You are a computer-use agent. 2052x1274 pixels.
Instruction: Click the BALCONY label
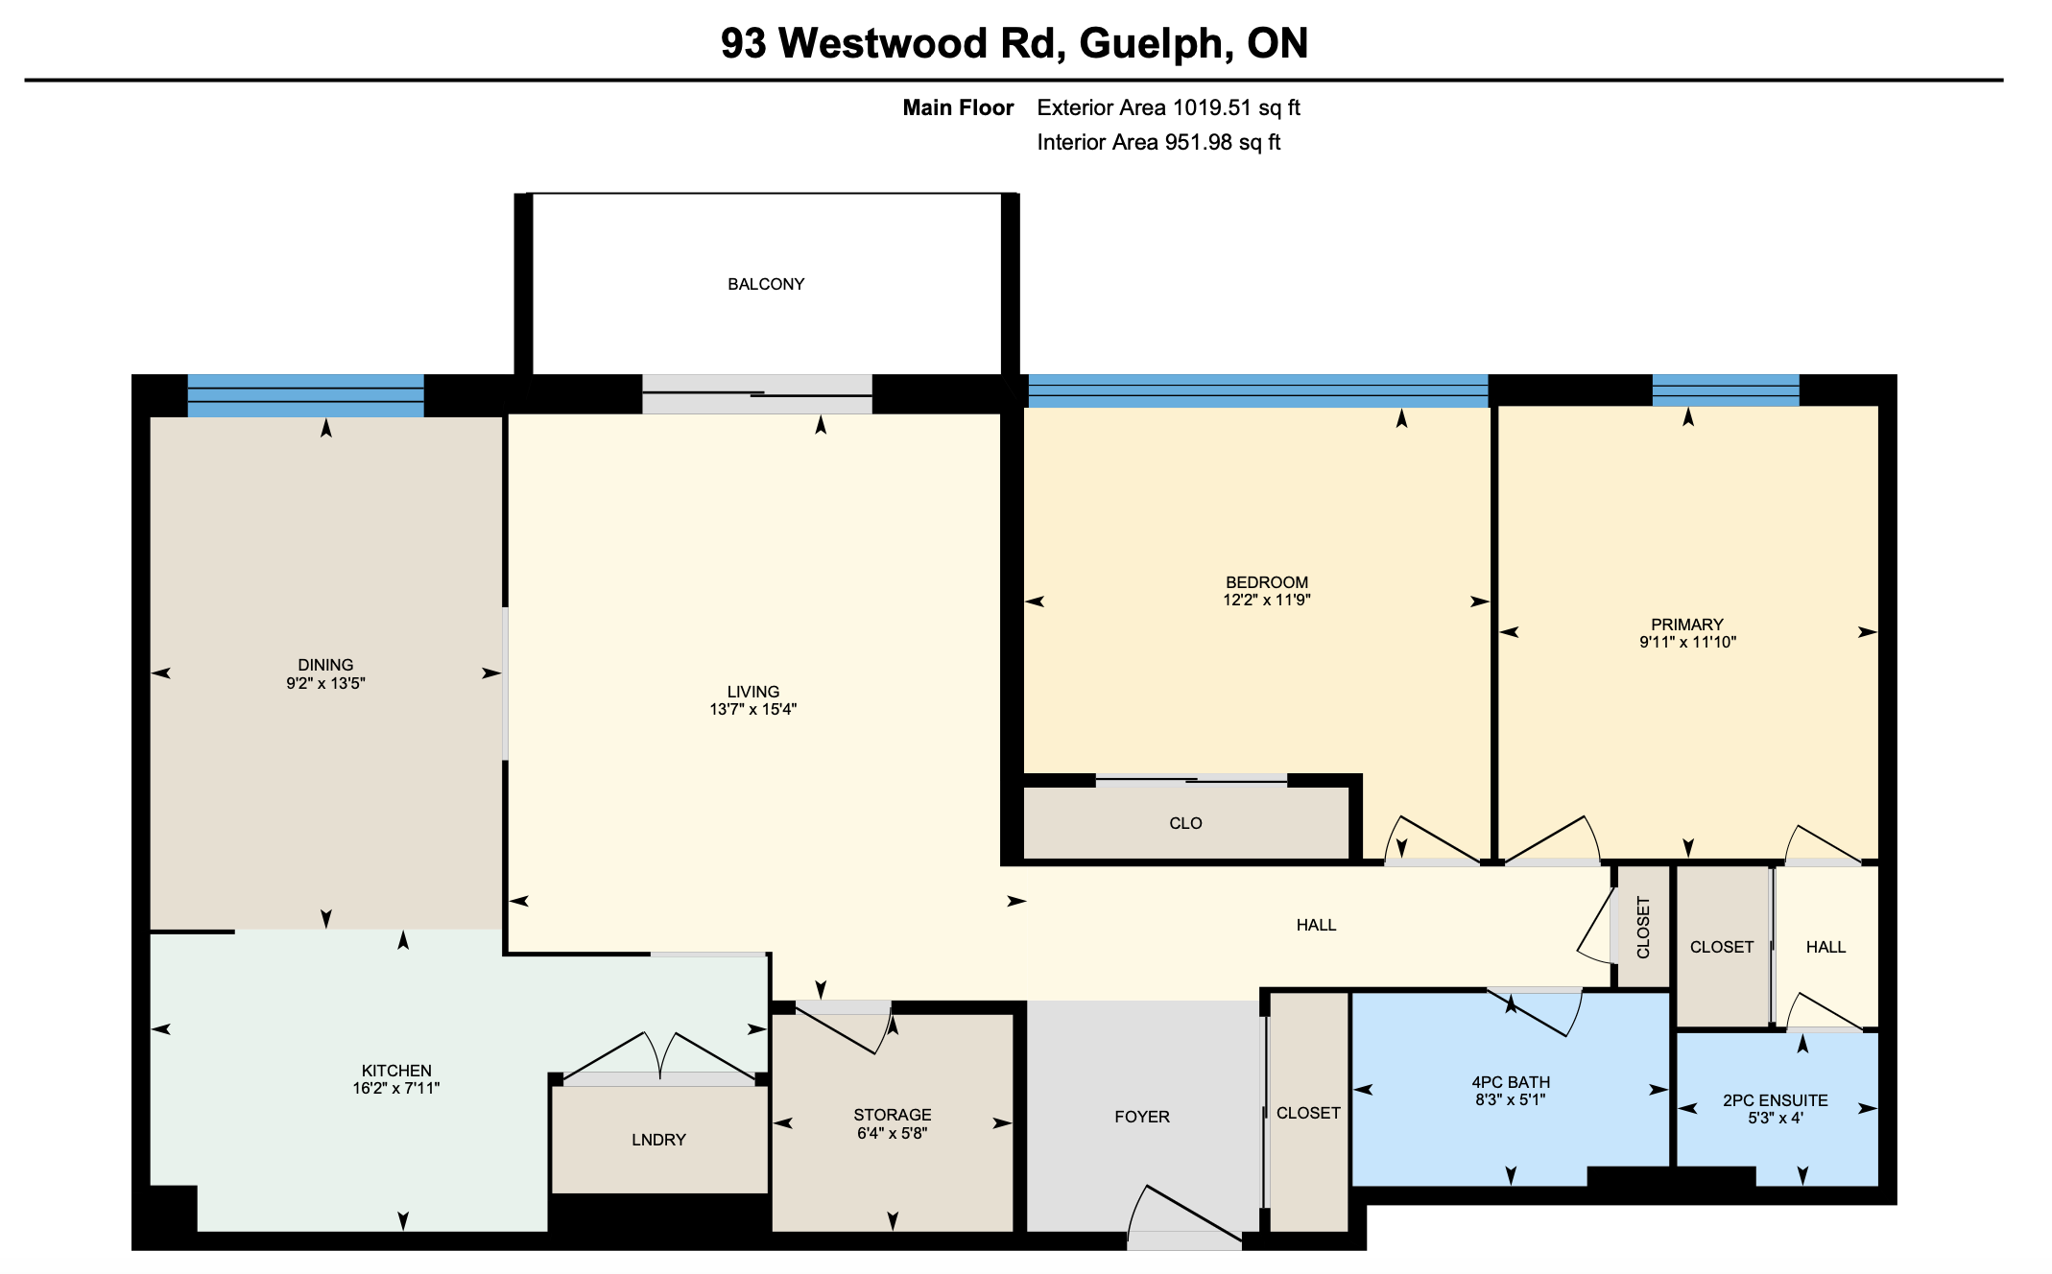[x=766, y=284]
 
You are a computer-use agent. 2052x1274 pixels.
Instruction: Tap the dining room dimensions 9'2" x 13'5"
[x=325, y=683]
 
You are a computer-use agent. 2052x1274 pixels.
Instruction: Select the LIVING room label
[x=753, y=692]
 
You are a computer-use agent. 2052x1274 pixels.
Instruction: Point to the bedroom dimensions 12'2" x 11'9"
[x=1266, y=601]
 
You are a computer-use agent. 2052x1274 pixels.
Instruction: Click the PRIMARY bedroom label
[x=1687, y=625]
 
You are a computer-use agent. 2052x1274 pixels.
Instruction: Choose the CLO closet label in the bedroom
[x=1185, y=823]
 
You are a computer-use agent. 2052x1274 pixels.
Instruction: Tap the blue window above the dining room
[x=305, y=395]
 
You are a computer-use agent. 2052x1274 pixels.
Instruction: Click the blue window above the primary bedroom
[x=1725, y=390]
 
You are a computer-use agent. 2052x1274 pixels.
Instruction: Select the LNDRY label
[x=658, y=1140]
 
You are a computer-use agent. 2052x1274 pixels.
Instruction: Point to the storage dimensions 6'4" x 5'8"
[x=892, y=1133]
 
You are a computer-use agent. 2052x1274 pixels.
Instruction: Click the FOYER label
[x=1142, y=1117]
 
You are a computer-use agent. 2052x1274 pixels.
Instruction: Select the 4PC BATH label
[x=1511, y=1082]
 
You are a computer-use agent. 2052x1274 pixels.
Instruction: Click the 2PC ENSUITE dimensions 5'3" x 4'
[x=1776, y=1119]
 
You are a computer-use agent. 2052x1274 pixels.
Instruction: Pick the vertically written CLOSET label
[x=1643, y=928]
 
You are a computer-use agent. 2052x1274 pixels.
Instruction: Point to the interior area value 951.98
[x=1199, y=142]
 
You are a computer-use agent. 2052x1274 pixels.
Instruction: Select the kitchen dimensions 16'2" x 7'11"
[x=396, y=1088]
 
